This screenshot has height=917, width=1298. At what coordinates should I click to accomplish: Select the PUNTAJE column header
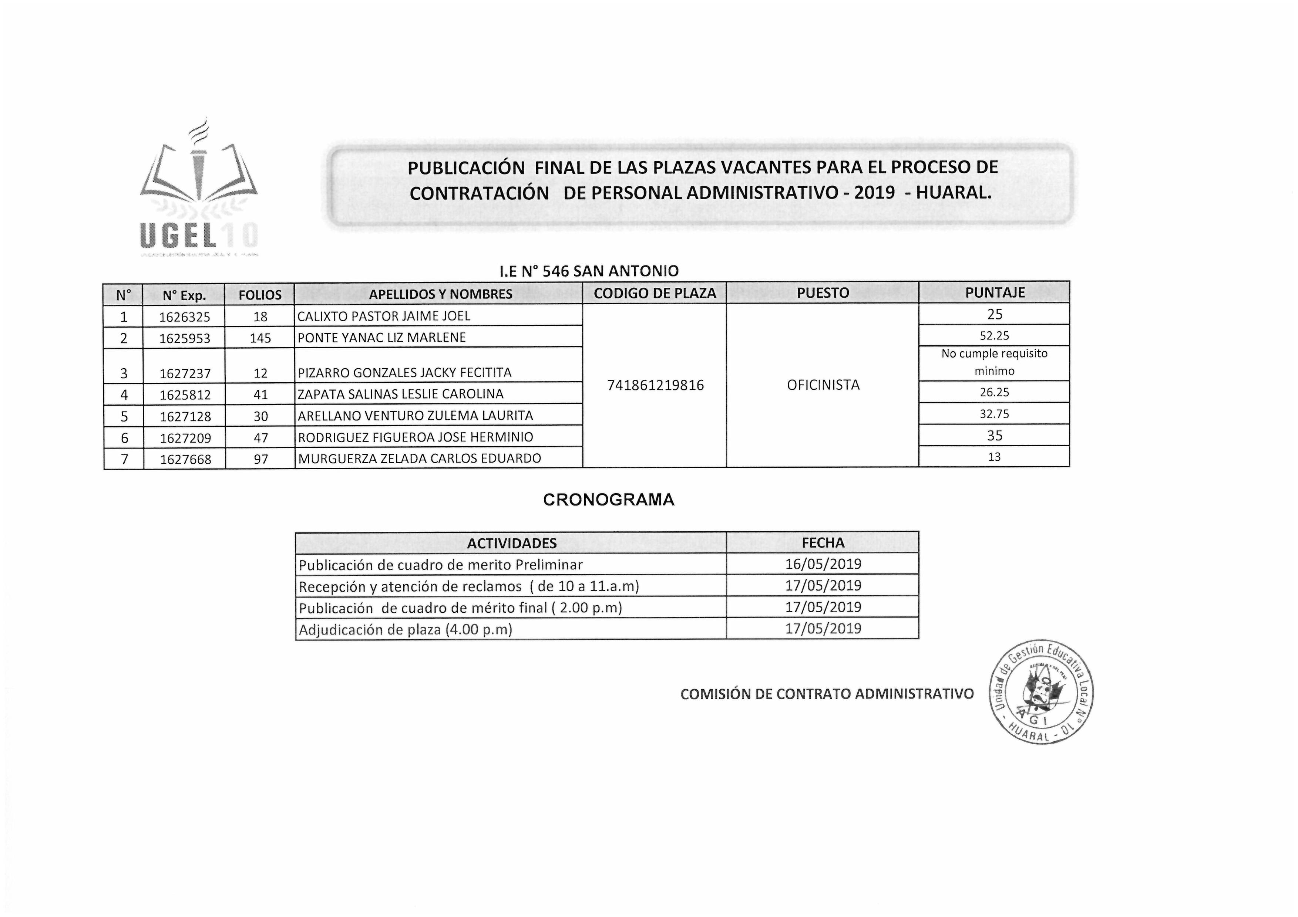pyautogui.click(x=995, y=293)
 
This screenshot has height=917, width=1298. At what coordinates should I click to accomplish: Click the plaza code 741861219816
pyautogui.click(x=655, y=385)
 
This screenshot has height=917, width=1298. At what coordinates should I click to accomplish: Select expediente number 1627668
pyautogui.click(x=185, y=459)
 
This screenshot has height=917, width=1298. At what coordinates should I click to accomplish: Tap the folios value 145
pyautogui.click(x=260, y=338)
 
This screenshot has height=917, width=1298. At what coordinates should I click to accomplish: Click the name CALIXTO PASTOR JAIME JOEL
pyautogui.click(x=384, y=316)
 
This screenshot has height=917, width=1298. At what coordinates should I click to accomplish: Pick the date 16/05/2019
pyautogui.click(x=823, y=564)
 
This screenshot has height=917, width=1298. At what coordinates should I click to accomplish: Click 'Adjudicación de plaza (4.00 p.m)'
pyautogui.click(x=405, y=629)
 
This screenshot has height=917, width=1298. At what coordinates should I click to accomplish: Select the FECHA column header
pyautogui.click(x=823, y=542)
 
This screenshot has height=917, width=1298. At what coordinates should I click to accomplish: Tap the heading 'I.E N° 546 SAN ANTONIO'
pyautogui.click(x=589, y=271)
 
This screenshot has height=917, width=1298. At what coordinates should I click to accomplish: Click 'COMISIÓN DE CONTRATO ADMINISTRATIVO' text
pyautogui.click(x=827, y=694)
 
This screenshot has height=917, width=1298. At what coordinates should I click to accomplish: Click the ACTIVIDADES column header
pyautogui.click(x=512, y=543)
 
